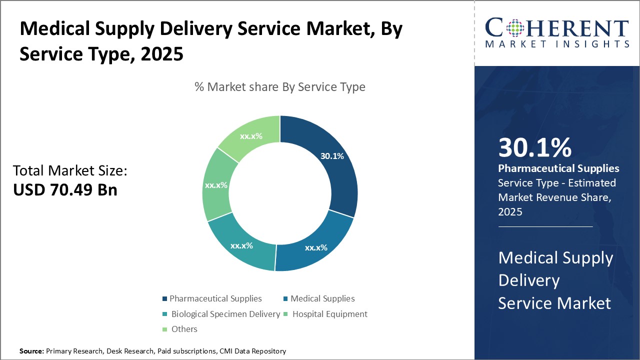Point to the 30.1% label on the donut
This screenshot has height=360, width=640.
(x=332, y=156)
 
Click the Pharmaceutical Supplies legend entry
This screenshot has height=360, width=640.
(x=215, y=298)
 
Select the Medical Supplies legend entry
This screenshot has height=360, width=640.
(x=322, y=298)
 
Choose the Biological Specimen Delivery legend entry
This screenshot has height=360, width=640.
(x=225, y=314)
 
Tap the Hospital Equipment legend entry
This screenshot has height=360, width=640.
(x=329, y=314)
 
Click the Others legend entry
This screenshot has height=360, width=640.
(x=184, y=329)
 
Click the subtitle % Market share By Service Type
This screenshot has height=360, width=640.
(x=280, y=87)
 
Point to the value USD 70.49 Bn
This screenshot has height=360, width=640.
(x=65, y=190)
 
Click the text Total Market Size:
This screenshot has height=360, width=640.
(x=70, y=171)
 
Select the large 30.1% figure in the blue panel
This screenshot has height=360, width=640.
(x=535, y=148)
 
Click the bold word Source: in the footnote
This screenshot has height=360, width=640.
(x=32, y=351)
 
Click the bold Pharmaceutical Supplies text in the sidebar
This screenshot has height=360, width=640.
(x=558, y=168)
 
